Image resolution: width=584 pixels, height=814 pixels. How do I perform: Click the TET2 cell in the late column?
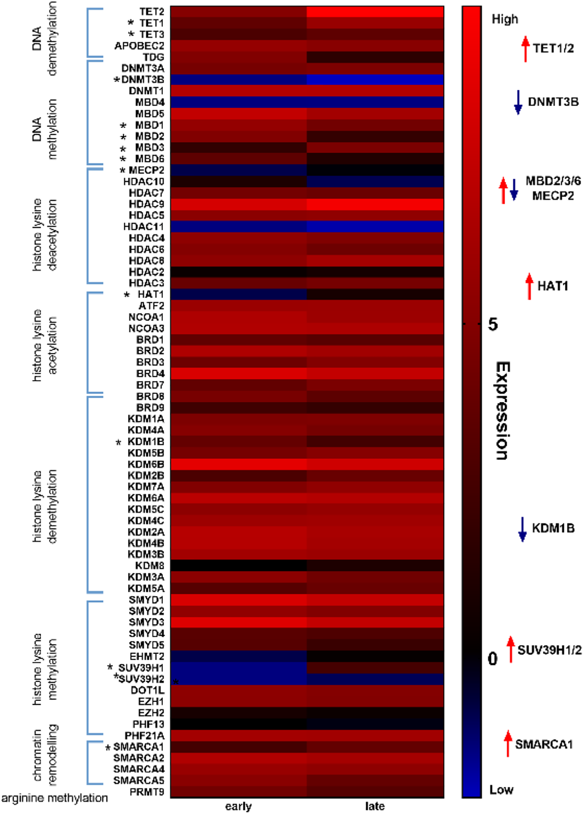click(x=375, y=12)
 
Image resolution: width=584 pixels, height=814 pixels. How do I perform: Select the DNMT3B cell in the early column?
click(x=238, y=79)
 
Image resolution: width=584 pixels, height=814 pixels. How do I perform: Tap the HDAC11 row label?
click(x=144, y=227)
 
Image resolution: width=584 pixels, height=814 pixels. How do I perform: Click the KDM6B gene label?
click(x=146, y=464)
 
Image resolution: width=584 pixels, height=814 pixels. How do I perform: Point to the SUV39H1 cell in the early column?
click(x=238, y=668)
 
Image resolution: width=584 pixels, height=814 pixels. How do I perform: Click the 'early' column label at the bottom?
click(x=238, y=806)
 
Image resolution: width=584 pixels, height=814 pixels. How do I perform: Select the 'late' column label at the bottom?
click(x=375, y=806)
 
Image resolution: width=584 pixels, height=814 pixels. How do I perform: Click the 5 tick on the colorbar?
click(x=493, y=324)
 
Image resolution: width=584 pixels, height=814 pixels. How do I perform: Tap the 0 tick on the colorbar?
click(x=493, y=659)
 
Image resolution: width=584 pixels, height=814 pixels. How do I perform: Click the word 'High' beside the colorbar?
click(x=505, y=19)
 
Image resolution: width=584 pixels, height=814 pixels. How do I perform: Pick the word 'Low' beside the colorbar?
click(x=501, y=789)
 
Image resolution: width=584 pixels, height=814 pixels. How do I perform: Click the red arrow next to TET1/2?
click(x=525, y=49)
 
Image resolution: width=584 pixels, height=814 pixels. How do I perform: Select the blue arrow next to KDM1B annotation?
click(x=522, y=529)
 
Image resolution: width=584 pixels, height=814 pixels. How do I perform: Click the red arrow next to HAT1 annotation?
click(x=529, y=286)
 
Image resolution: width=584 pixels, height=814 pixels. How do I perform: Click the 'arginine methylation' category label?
click(x=54, y=798)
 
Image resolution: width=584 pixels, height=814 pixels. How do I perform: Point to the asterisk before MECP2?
click(x=123, y=170)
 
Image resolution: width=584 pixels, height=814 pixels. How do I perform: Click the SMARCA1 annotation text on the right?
click(x=543, y=744)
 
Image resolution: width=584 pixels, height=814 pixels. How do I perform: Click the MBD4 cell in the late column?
click(x=375, y=102)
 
